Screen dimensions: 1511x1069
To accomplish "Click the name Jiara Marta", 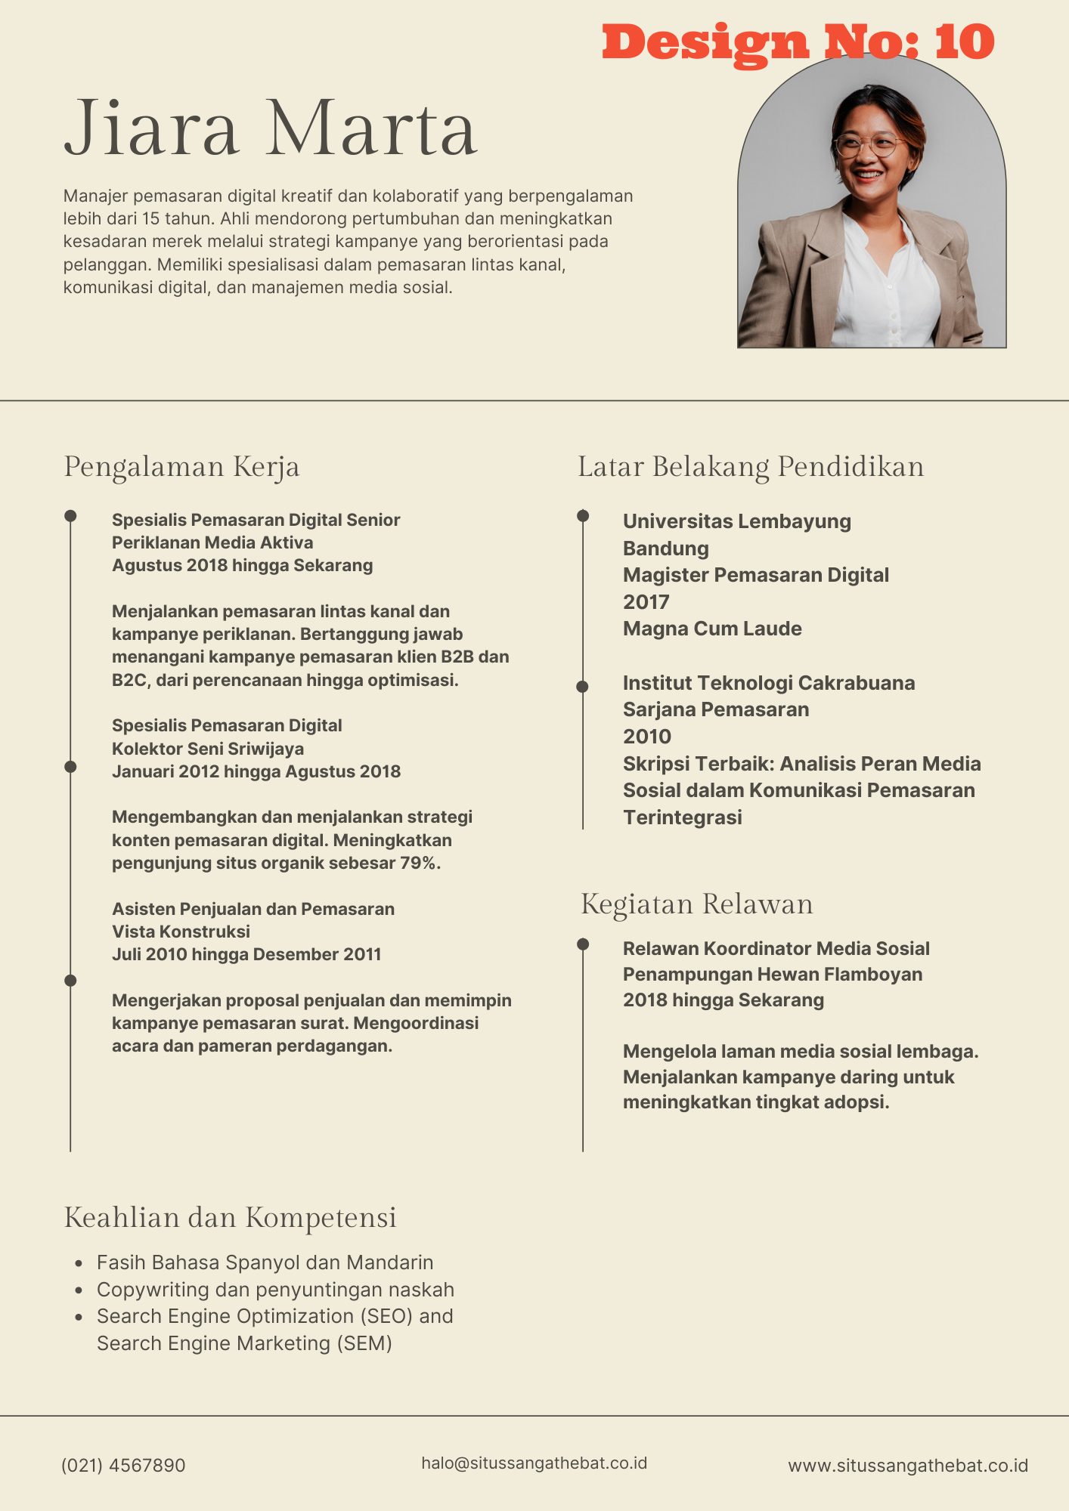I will pyautogui.click(x=271, y=128).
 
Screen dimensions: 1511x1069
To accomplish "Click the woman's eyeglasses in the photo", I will pyautogui.click(x=869, y=144).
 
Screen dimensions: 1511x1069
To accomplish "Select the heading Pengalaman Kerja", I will pyautogui.click(x=181, y=467).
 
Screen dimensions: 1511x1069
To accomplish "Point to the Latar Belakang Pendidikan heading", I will pyautogui.click(x=751, y=467).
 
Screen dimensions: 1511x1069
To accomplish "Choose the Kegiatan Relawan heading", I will pyautogui.click(x=696, y=904).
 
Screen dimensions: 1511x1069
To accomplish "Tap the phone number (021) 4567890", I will pyautogui.click(x=123, y=1466).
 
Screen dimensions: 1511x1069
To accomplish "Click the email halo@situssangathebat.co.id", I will pyautogui.click(x=534, y=1463).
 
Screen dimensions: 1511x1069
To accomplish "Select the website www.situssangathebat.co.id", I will pyautogui.click(x=908, y=1466).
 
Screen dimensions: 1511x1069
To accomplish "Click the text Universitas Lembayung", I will pyautogui.click(x=736, y=521).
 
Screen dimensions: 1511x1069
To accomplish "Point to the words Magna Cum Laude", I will pyautogui.click(x=712, y=629).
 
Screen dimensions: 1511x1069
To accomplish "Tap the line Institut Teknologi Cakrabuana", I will pyautogui.click(x=768, y=683).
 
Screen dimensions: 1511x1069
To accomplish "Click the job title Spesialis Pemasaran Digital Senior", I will pyautogui.click(x=256, y=520).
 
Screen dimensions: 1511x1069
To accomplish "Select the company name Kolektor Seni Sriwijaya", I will pyautogui.click(x=208, y=749).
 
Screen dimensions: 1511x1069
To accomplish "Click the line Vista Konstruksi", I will pyautogui.click(x=181, y=932).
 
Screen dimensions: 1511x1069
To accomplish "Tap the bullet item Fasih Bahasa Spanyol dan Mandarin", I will pyautogui.click(x=265, y=1262).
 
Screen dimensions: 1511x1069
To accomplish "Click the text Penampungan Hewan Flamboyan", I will pyautogui.click(x=772, y=975).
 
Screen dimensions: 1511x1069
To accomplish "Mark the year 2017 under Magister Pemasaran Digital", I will pyautogui.click(x=646, y=602).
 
